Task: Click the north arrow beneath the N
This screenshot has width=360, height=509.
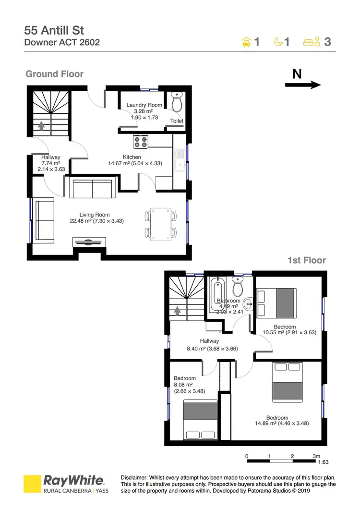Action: pyautogui.click(x=303, y=85)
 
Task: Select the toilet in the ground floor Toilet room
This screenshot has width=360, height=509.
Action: pyautogui.click(x=177, y=103)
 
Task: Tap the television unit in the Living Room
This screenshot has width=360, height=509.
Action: pyautogui.click(x=87, y=242)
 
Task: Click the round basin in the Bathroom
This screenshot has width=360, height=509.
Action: pyautogui.click(x=248, y=304)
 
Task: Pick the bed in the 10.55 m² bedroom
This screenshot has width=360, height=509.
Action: pyautogui.click(x=276, y=303)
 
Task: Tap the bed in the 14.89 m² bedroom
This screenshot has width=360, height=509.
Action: pyautogui.click(x=288, y=382)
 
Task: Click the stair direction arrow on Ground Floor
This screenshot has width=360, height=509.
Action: pyautogui.click(x=41, y=126)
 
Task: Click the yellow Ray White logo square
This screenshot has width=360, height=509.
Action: pyautogui.click(x=32, y=485)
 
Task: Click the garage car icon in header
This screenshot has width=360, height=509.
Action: pyautogui.click(x=246, y=42)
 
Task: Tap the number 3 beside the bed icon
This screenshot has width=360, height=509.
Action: pyautogui.click(x=327, y=42)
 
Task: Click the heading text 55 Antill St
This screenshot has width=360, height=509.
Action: pyautogui.click(x=54, y=30)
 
